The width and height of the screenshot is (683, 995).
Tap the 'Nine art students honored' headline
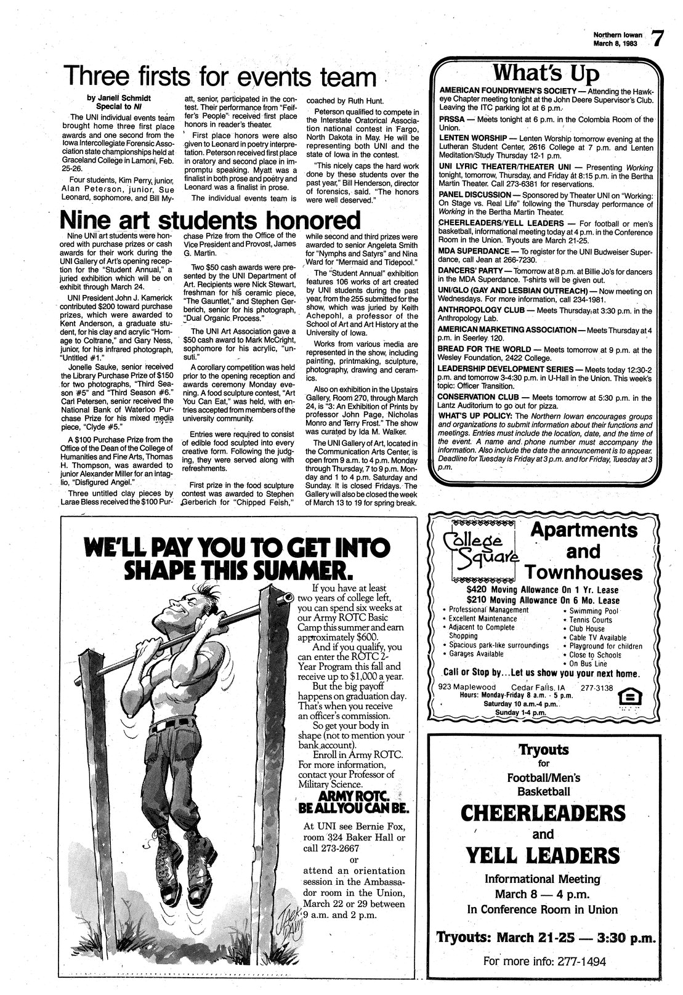(209, 220)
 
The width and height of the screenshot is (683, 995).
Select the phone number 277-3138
(597, 687)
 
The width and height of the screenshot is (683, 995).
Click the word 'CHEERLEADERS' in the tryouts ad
(543, 813)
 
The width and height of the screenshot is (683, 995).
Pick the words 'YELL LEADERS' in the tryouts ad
(542, 856)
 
